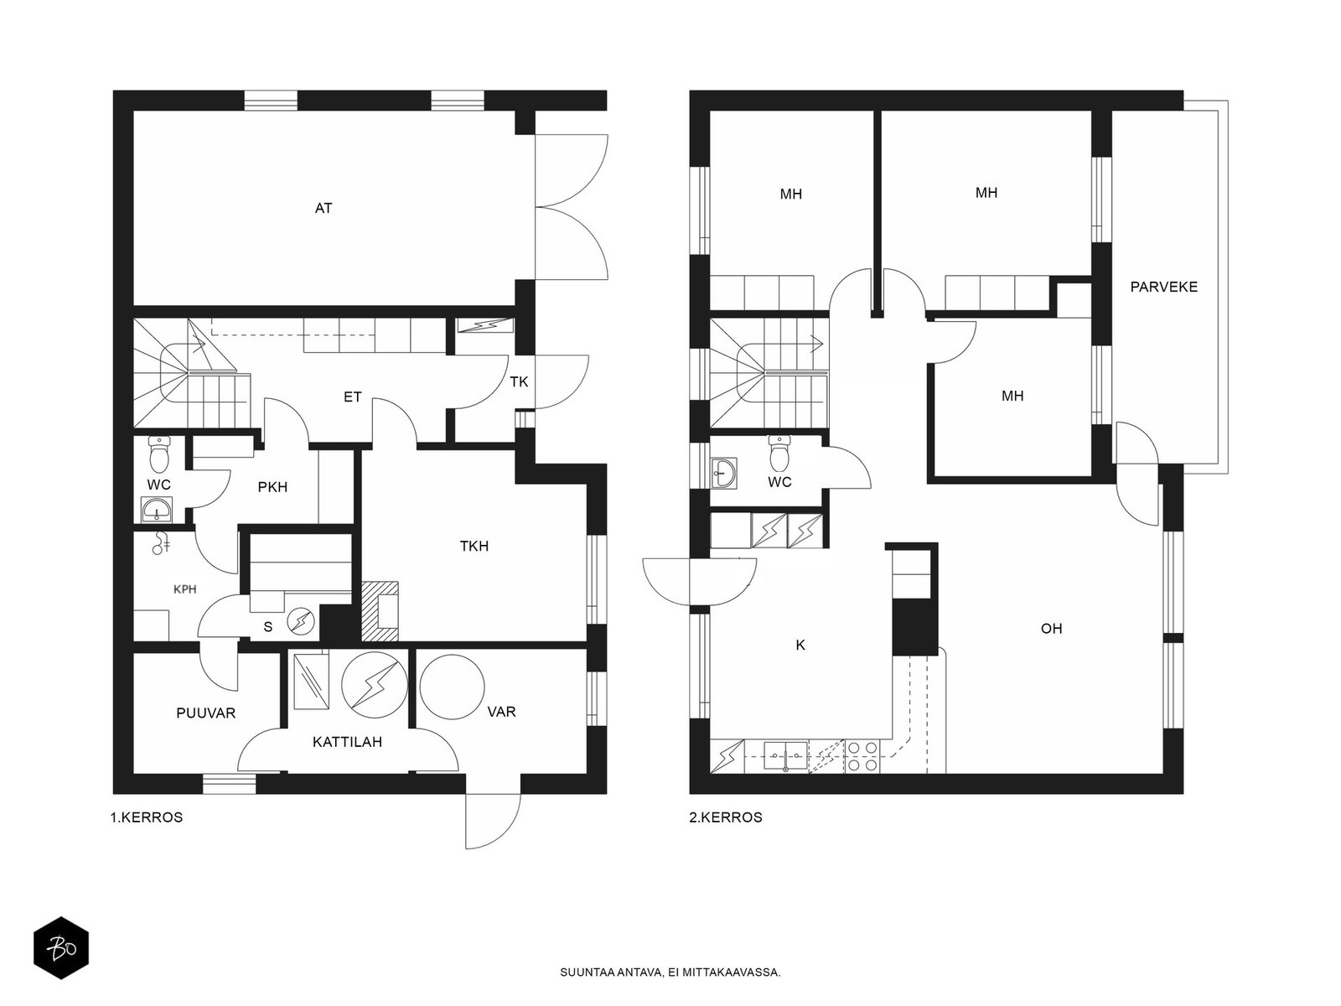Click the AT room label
pyautogui.click(x=324, y=208)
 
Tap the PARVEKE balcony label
pyautogui.click(x=1163, y=287)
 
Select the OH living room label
pyautogui.click(x=1051, y=629)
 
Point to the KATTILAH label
pyautogui.click(x=347, y=742)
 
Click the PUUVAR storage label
pyautogui.click(x=206, y=713)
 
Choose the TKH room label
pyautogui.click(x=474, y=546)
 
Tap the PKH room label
pyautogui.click(x=272, y=487)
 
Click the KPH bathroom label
pyautogui.click(x=184, y=589)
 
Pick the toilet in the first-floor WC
pyautogui.click(x=159, y=454)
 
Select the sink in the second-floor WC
pyautogui.click(x=725, y=474)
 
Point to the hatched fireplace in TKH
pyautogui.click(x=380, y=611)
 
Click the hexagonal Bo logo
pyautogui.click(x=61, y=948)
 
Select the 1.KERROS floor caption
pyautogui.click(x=147, y=817)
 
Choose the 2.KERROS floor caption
pyautogui.click(x=726, y=817)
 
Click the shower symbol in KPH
pyautogui.click(x=161, y=542)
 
